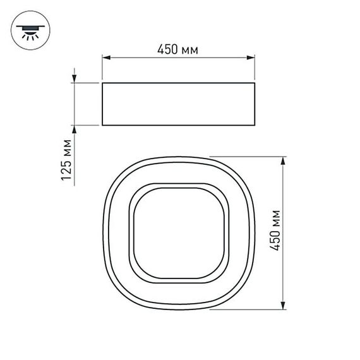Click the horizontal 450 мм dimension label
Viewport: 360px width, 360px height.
(x=179, y=50)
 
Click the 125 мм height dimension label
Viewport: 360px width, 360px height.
(x=66, y=160)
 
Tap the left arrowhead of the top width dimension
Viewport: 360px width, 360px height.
(x=106, y=59)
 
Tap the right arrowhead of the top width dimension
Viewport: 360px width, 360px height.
(x=252, y=59)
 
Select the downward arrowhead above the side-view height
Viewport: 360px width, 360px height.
(x=75, y=78)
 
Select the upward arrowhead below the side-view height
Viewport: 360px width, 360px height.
(x=75, y=129)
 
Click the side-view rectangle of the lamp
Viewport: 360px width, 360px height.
(x=179, y=104)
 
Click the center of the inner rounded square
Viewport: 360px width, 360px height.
(x=179, y=232)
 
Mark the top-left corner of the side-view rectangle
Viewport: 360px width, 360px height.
(x=102, y=82)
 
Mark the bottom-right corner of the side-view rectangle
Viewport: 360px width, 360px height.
(x=256, y=125)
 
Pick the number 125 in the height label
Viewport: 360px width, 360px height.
(x=66, y=169)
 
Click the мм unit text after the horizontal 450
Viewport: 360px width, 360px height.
(x=191, y=50)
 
